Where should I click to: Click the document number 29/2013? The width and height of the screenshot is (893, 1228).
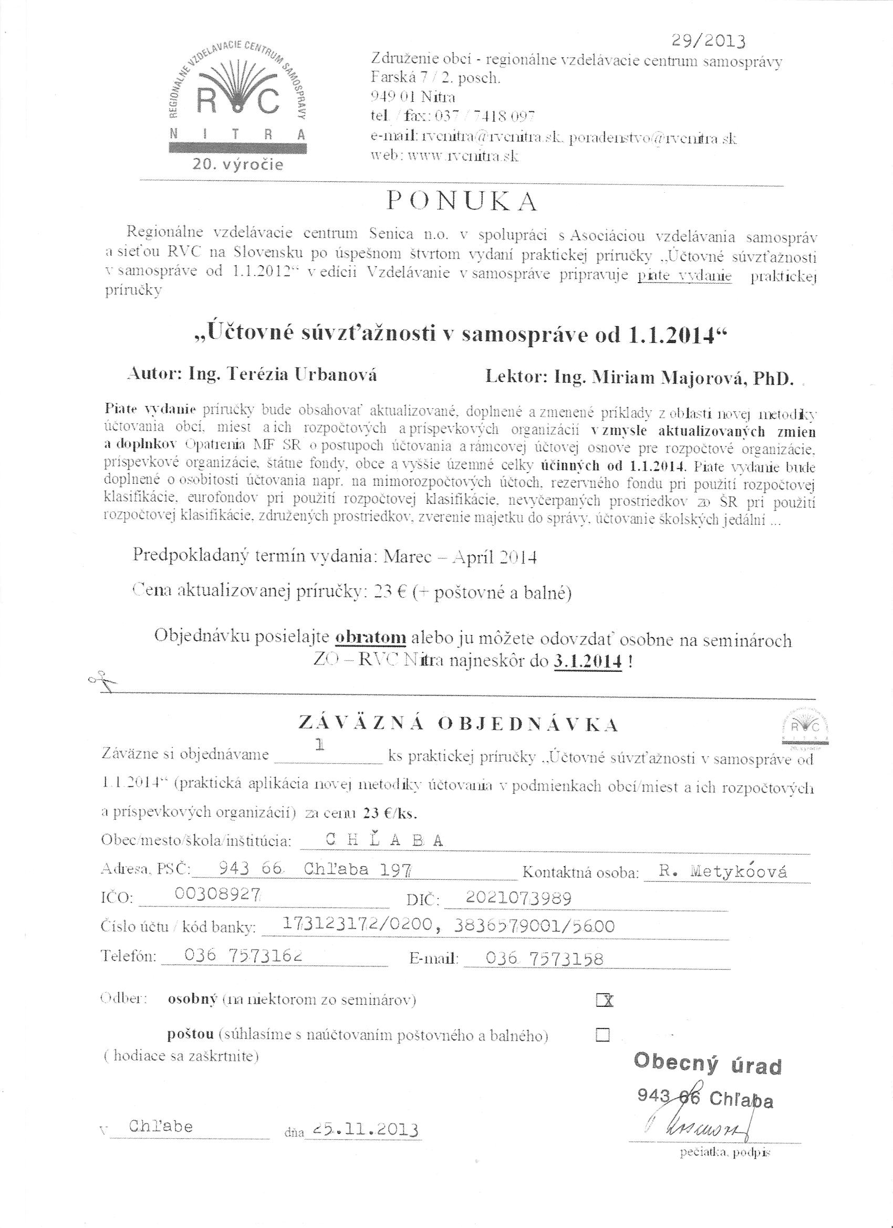(x=708, y=41)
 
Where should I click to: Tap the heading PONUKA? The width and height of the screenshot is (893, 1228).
(x=462, y=202)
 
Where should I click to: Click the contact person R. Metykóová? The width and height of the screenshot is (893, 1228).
(x=724, y=871)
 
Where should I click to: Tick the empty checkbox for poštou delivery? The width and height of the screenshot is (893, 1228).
(x=602, y=1035)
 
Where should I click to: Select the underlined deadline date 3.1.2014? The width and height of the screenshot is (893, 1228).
(x=587, y=662)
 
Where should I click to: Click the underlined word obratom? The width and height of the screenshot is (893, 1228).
(x=371, y=637)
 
